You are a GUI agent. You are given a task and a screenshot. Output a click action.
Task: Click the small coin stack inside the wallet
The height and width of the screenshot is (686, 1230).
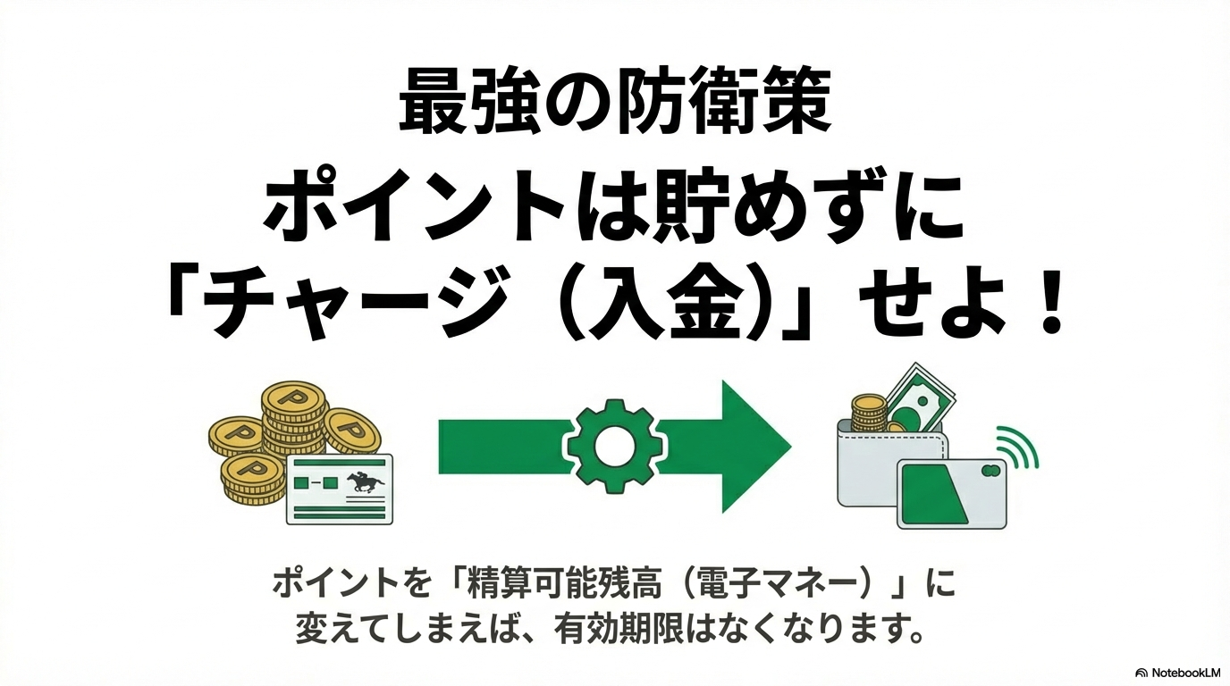pyautogui.click(x=868, y=413)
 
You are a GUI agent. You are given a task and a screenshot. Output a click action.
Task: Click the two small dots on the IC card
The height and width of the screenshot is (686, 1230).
pyautogui.click(x=990, y=470)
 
